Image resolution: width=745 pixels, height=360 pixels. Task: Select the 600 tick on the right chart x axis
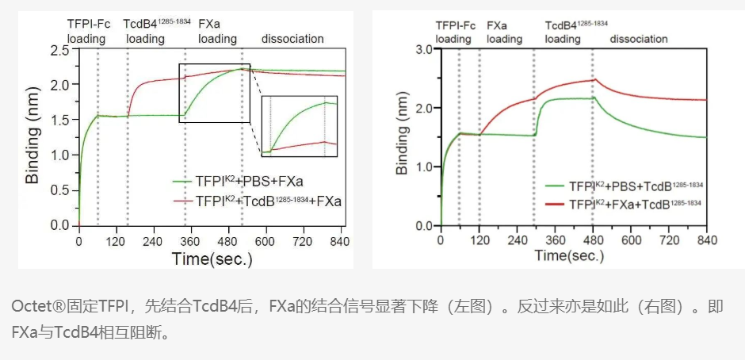(631, 240)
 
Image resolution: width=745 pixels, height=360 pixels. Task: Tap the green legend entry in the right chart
(626, 186)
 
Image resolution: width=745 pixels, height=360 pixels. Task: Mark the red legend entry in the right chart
(626, 204)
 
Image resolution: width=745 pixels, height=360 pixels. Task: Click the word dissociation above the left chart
(292, 38)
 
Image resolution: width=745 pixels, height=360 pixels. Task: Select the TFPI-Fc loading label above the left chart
(86, 31)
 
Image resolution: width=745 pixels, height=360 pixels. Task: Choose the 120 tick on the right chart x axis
(479, 240)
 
